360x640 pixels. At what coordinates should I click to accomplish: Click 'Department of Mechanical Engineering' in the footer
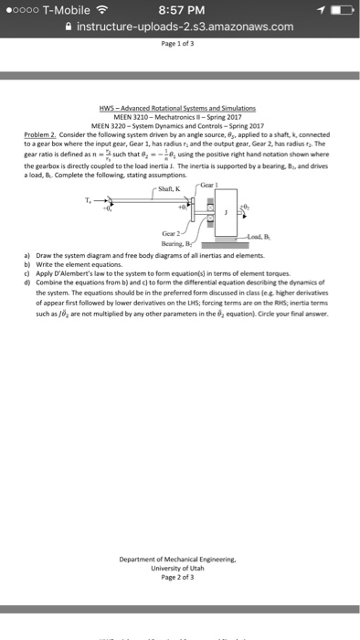point(180,535)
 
